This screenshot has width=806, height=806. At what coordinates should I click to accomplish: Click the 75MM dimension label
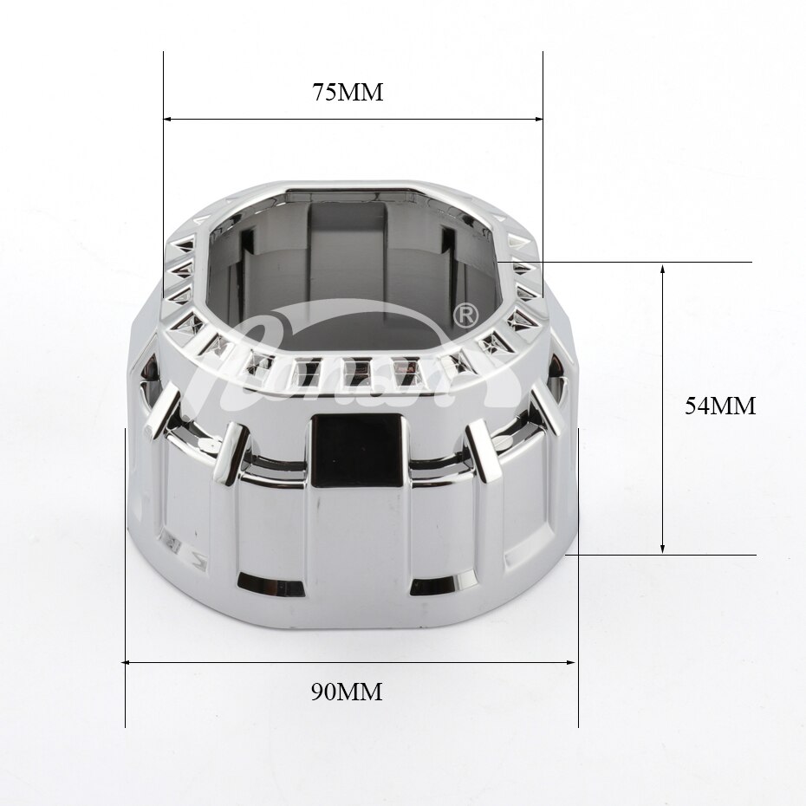point(347,93)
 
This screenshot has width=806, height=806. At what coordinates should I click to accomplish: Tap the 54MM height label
point(720,406)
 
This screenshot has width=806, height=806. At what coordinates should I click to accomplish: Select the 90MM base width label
point(347,692)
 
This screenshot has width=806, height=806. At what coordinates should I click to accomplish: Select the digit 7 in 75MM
point(319,93)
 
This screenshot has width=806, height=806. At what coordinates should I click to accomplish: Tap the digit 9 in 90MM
point(318,692)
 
